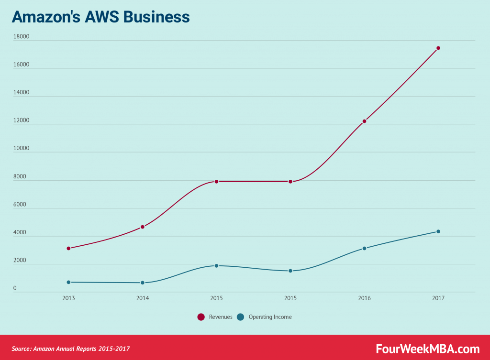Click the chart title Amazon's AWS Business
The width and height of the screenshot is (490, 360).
(100, 17)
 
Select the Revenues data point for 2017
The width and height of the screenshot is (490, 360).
(438, 48)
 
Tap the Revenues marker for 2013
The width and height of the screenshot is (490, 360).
(68, 248)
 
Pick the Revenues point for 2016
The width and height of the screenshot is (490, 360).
(364, 121)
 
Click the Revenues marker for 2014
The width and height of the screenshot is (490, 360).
(143, 227)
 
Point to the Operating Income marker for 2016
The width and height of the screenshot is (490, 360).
(364, 248)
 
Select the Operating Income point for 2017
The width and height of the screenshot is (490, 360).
(438, 231)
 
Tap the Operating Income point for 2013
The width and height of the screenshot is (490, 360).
(68, 282)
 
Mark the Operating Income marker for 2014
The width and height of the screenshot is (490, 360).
(143, 283)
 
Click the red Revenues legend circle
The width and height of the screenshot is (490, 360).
(201, 317)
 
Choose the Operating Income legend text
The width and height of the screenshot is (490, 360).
(270, 317)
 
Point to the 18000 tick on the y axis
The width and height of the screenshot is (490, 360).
(22, 37)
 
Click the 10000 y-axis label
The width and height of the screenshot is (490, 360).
(22, 148)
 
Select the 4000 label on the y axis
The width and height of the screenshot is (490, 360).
(21, 232)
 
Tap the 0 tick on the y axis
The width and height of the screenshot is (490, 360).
(15, 288)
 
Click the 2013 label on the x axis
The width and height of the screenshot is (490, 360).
(68, 298)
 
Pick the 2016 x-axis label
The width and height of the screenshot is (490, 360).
(364, 298)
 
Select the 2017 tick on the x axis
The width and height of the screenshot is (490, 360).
(438, 298)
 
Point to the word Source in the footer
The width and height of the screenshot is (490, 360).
(21, 349)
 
